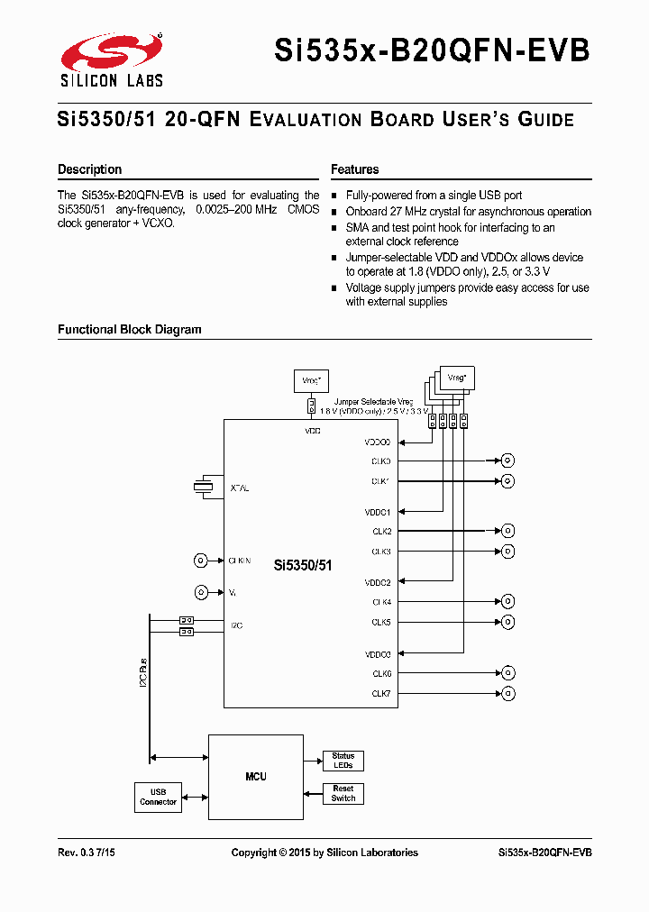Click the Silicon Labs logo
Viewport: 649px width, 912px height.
(x=111, y=60)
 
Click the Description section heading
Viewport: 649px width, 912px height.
(x=89, y=169)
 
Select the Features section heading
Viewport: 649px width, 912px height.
(x=354, y=169)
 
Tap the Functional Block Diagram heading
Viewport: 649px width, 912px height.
(x=129, y=330)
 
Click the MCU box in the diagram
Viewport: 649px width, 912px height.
(x=255, y=776)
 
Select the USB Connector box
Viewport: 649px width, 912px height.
(x=158, y=797)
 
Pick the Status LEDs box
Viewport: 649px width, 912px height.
(x=343, y=761)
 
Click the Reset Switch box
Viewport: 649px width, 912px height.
(x=343, y=793)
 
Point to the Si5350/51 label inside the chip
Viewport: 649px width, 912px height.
(x=303, y=566)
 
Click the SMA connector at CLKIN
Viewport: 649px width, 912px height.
(x=201, y=561)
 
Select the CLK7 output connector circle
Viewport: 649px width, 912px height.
(x=508, y=693)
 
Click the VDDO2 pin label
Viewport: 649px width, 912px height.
(x=378, y=583)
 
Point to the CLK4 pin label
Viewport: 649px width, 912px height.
(x=381, y=602)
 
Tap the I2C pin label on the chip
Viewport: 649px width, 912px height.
(x=236, y=625)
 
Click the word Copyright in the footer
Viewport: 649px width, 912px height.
(x=253, y=853)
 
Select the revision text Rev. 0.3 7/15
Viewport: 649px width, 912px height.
(x=87, y=853)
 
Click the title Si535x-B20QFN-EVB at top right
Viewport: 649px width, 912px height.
(x=432, y=50)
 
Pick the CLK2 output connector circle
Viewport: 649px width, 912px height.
(x=508, y=531)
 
